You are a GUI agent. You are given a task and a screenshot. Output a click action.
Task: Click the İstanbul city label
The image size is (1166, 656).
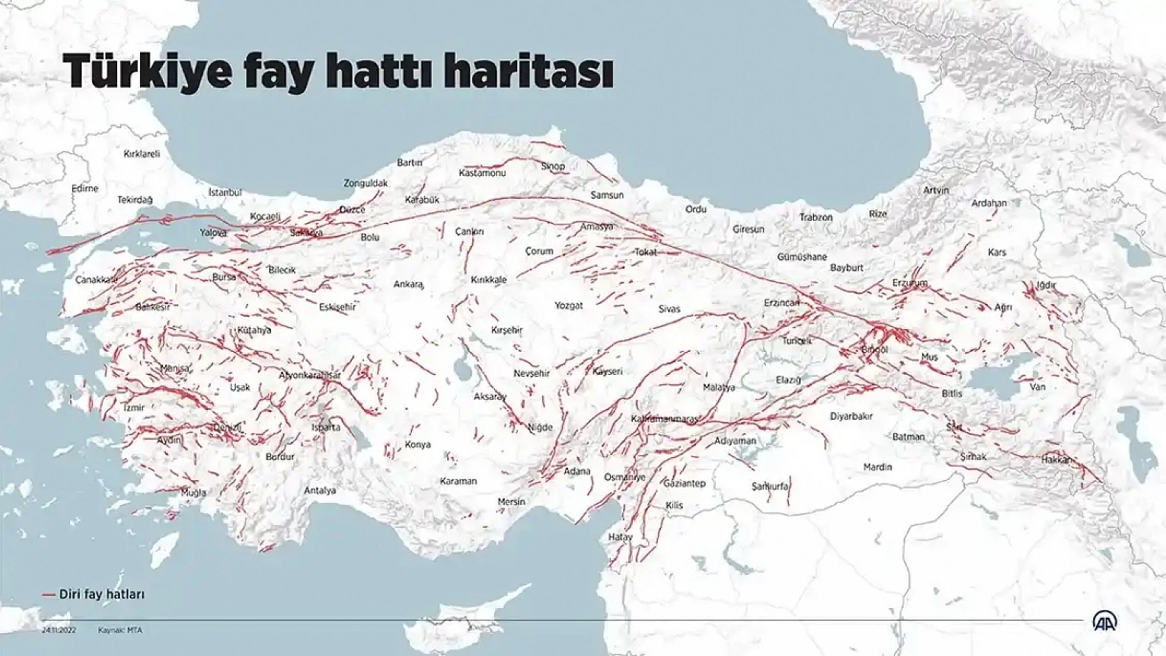point(225,193)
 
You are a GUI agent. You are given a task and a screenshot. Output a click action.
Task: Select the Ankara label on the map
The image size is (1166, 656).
point(408,284)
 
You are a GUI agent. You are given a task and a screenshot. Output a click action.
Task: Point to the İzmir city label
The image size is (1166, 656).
point(134,408)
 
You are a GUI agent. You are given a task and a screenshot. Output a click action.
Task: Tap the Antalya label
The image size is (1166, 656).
point(320,490)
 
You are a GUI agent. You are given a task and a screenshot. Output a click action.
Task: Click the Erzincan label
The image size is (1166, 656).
point(781,303)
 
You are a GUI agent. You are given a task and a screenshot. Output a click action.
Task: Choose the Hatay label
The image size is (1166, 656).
point(620,537)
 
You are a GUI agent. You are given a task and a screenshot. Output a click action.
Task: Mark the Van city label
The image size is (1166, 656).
point(1037,387)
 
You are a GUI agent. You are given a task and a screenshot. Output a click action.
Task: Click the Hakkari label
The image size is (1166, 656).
point(1056,459)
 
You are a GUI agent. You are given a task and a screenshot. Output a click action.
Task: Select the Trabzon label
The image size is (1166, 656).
point(816,218)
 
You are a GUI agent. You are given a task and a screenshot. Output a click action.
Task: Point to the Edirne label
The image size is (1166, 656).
point(85,188)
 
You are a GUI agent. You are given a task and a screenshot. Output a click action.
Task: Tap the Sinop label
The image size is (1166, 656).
point(553,166)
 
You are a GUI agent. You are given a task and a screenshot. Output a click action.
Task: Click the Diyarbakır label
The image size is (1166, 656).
point(851,416)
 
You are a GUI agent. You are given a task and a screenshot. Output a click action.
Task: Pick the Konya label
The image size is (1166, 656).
point(417,445)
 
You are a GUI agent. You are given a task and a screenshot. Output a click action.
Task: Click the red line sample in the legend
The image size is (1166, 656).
point(48,594)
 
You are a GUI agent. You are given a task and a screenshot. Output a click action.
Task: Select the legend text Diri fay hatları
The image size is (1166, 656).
point(101,594)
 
